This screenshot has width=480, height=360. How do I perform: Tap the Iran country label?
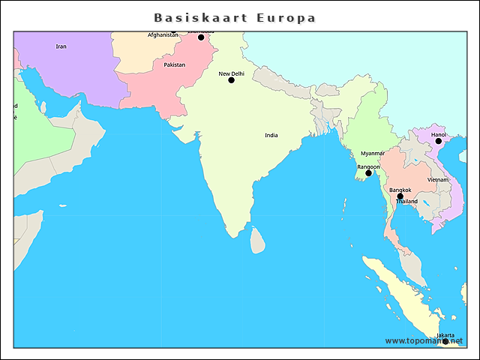click(61, 46)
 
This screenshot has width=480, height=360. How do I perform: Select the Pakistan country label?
click(174, 64)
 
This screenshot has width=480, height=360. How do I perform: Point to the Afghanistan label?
click(163, 34)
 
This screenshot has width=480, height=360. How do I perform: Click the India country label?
click(271, 135)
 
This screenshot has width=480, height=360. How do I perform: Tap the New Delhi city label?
click(231, 73)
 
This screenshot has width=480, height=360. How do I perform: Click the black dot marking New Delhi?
click(231, 80)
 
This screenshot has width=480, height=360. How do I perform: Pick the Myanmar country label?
click(372, 153)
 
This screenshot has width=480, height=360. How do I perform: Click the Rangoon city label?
click(368, 166)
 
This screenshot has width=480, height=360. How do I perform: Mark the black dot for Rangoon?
click(368, 173)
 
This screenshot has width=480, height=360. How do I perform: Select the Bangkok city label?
click(400, 190)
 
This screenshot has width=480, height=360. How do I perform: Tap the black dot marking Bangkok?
click(400, 196)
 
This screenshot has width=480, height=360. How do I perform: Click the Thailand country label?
click(406, 202)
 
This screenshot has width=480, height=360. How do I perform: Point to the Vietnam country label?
click(438, 180)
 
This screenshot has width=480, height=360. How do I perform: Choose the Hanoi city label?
click(438, 134)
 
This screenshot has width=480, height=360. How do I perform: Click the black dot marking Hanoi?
click(438, 141)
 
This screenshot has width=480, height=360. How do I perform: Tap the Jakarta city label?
click(445, 335)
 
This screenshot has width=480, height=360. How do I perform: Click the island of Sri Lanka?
click(257, 241)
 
